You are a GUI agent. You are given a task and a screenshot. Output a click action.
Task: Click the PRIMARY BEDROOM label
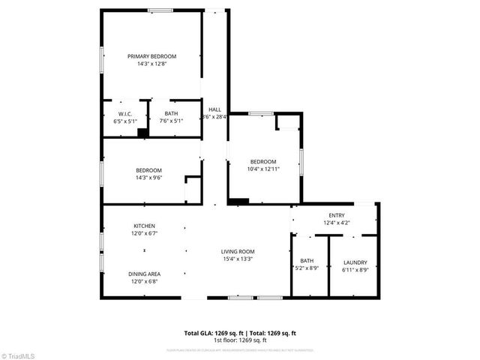151,57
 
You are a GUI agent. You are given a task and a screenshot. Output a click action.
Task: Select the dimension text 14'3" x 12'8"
151,64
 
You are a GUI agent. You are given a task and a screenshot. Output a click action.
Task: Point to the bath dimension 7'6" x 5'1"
172,121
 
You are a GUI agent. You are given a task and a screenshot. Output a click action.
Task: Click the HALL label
214,109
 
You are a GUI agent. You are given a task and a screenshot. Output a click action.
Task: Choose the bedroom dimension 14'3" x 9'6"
148,177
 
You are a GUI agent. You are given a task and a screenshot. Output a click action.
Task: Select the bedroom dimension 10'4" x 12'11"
263,169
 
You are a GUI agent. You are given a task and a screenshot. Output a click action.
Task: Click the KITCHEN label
145,226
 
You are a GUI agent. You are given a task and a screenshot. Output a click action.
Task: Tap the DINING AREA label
145,274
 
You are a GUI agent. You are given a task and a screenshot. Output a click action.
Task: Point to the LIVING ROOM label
238,251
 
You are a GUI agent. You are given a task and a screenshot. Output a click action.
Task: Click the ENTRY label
336,215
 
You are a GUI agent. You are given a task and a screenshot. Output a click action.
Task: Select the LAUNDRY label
355,262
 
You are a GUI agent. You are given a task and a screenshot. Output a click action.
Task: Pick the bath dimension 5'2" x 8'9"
307,268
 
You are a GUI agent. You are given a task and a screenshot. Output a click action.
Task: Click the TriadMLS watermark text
23,354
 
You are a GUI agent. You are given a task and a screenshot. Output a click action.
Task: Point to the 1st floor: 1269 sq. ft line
240,340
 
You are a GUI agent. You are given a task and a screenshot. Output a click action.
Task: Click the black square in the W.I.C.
141,133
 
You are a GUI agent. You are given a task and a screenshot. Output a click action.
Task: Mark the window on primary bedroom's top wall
160,10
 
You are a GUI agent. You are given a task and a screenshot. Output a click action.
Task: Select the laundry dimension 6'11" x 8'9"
355,269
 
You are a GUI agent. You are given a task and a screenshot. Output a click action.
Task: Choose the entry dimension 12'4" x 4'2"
336,222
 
